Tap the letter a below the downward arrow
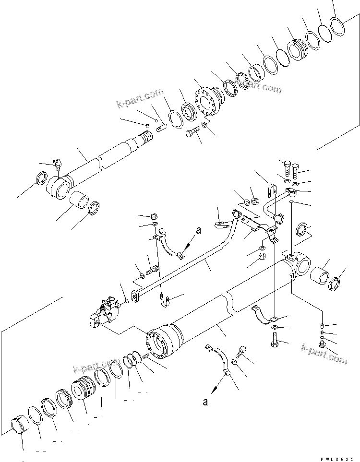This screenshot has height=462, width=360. coord(205,402)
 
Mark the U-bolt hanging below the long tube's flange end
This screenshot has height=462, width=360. coord(164,301)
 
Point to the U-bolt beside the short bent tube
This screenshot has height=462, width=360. coord(272,192)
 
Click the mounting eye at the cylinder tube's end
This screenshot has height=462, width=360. coord(300,262)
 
